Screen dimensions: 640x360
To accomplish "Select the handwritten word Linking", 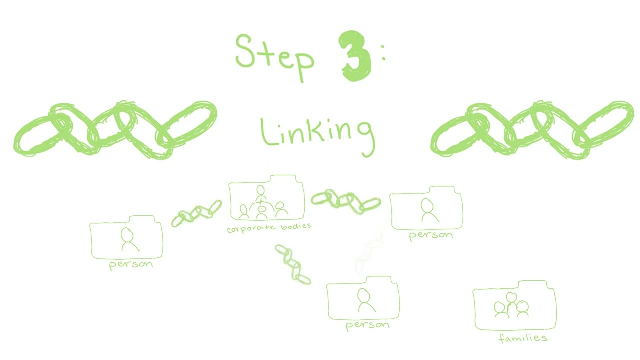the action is point(317,135).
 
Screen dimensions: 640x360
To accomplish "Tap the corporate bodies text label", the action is point(269,228).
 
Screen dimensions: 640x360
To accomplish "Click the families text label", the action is point(523,338).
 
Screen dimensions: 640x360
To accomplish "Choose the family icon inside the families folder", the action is point(511,305).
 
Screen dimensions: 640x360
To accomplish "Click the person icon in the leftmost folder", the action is point(129,239).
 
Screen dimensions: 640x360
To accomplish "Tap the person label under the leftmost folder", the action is point(131,264).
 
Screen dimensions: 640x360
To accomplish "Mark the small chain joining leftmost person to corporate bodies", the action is point(196,213).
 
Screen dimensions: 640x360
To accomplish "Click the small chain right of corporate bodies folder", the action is point(345,201).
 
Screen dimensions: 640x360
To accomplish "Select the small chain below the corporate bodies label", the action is point(293,264).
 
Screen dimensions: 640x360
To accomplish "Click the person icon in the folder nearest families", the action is point(366,300).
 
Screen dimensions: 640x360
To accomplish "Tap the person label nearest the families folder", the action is point(367,325).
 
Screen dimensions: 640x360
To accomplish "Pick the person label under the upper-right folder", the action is point(431,236).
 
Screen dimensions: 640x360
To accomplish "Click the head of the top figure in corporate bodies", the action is point(260,189).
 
